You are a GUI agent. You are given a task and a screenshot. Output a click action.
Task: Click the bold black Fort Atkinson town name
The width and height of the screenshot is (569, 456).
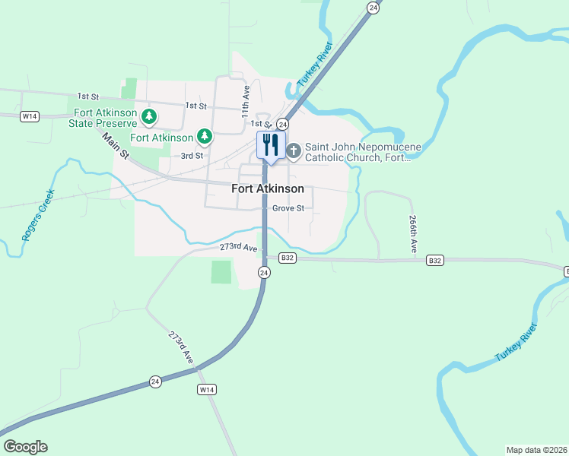tap(268, 188)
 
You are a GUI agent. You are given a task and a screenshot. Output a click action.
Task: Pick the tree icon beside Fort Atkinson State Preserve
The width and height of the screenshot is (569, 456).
tap(150, 116)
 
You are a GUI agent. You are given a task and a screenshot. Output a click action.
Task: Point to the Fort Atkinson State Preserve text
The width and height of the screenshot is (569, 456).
tap(103, 117)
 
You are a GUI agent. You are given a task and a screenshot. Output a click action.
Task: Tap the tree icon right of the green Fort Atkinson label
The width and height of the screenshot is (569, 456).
tap(204, 137)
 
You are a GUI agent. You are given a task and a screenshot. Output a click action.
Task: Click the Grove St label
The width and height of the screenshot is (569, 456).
tap(288, 207)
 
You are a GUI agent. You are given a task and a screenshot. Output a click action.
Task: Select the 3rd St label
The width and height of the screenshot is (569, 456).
tap(192, 156)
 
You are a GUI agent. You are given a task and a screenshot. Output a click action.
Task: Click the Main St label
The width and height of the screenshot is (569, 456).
tap(116, 146)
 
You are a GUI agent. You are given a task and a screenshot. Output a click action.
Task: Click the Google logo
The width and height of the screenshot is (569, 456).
tap(25, 447)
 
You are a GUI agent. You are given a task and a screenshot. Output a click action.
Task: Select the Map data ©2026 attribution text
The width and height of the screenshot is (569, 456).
tap(536, 449)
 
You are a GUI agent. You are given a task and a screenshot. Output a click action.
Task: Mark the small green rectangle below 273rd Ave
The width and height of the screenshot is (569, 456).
tap(221, 272)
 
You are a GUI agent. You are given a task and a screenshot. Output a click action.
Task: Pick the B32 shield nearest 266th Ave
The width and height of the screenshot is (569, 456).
tap(435, 260)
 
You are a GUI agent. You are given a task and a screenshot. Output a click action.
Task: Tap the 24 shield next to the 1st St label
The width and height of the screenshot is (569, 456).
tap(282, 124)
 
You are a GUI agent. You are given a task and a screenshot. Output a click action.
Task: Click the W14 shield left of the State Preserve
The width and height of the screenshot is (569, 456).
tap(30, 116)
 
